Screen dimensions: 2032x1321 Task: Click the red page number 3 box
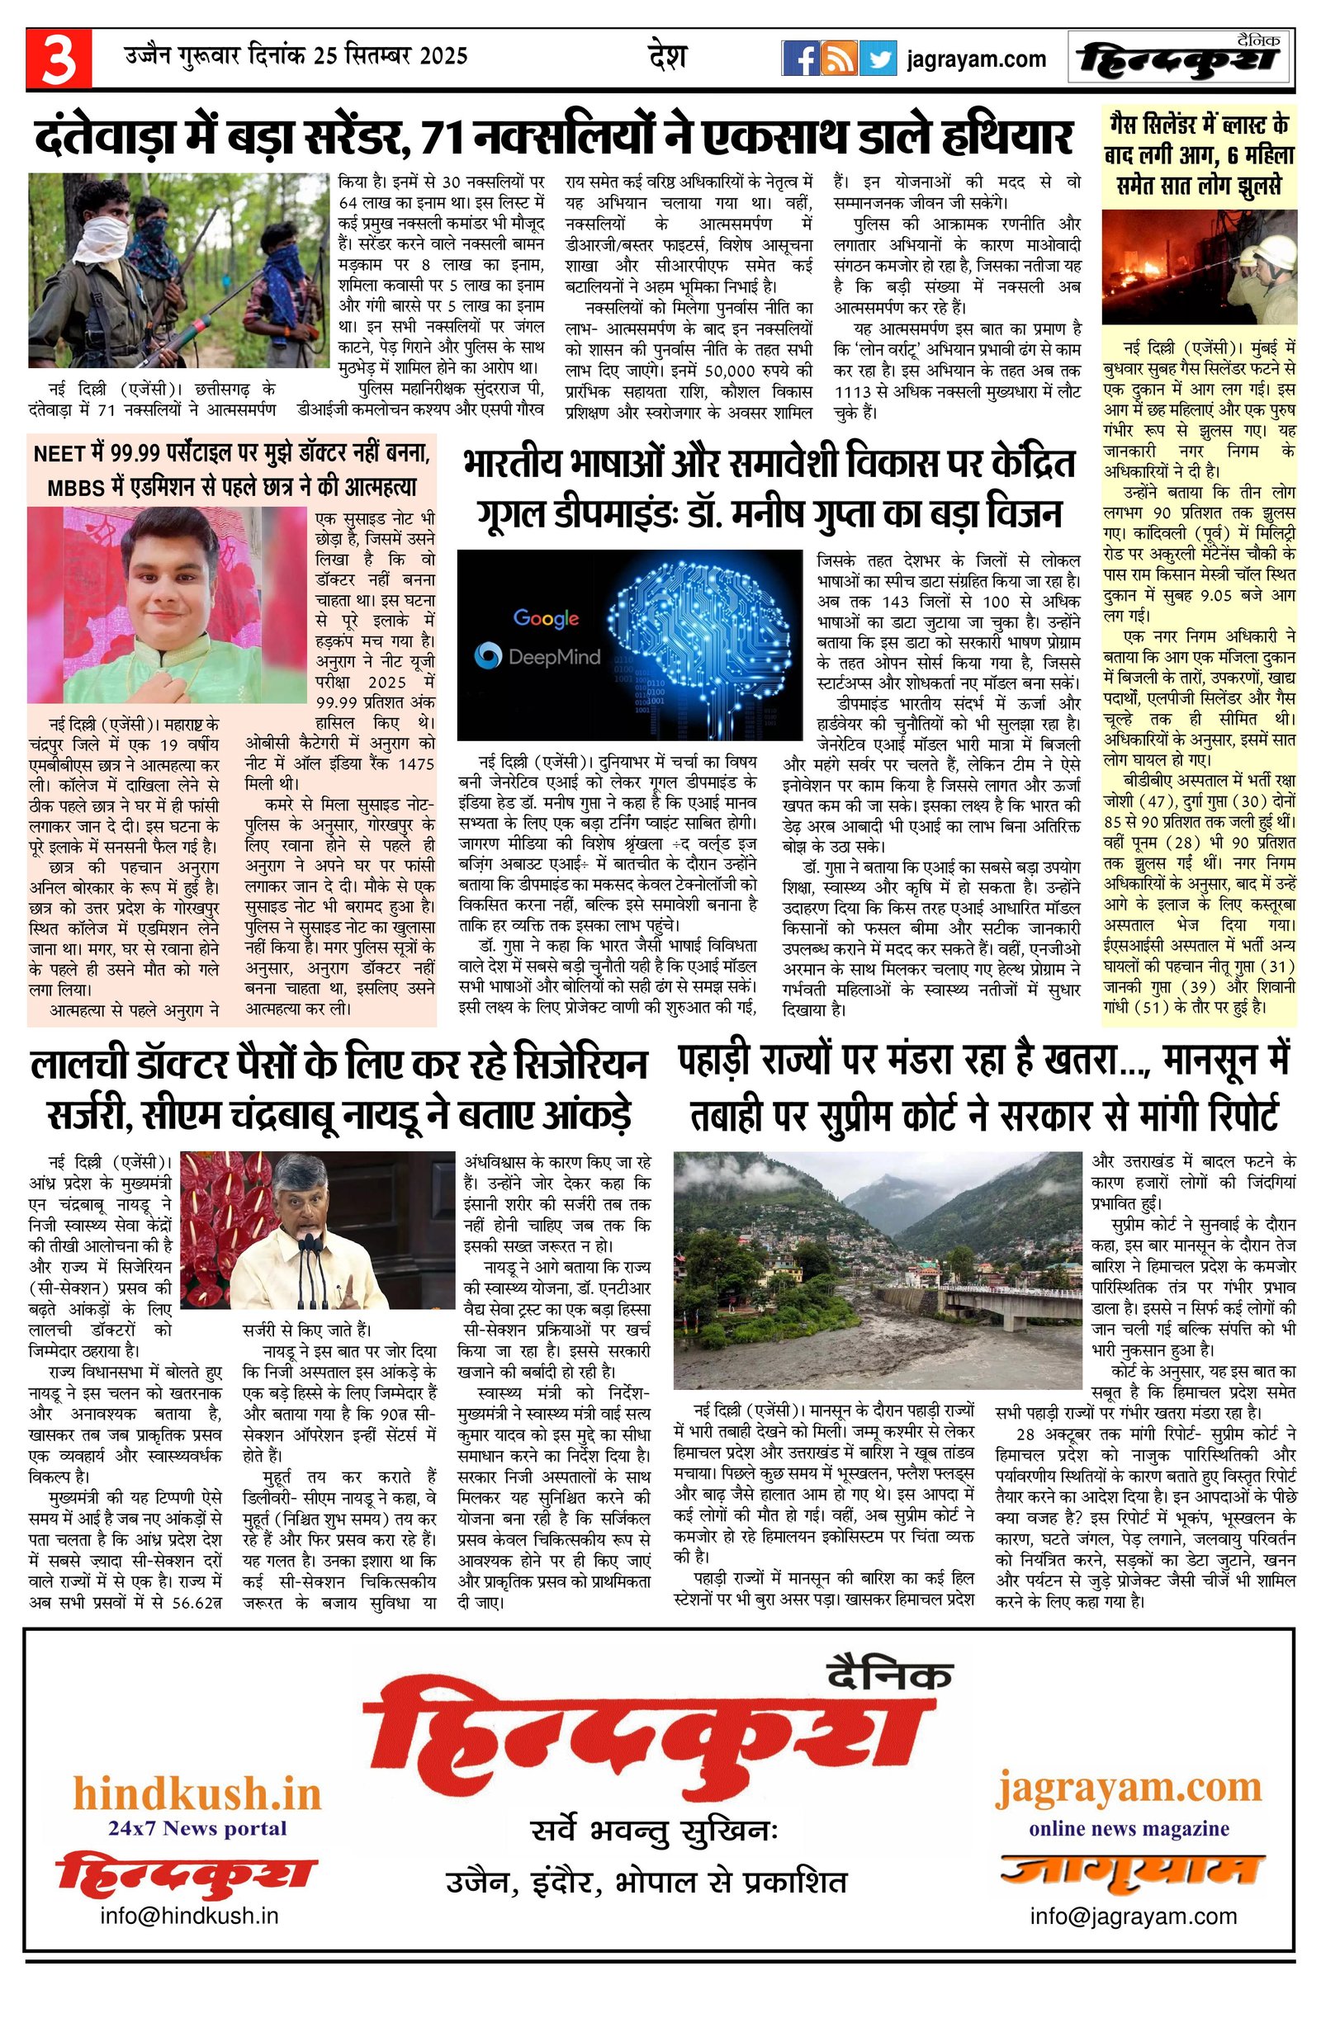point(58,59)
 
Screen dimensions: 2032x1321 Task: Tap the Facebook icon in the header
point(800,59)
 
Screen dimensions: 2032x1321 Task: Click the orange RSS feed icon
point(839,59)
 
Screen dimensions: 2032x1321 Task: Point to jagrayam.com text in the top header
point(976,59)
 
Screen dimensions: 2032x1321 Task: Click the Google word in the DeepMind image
point(546,617)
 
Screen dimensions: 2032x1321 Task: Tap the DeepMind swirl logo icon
point(489,655)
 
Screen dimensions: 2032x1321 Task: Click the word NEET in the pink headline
point(58,453)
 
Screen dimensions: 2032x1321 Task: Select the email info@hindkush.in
point(190,1915)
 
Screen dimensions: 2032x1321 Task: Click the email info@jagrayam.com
point(1133,1915)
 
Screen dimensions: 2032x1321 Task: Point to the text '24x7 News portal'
point(197,1828)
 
